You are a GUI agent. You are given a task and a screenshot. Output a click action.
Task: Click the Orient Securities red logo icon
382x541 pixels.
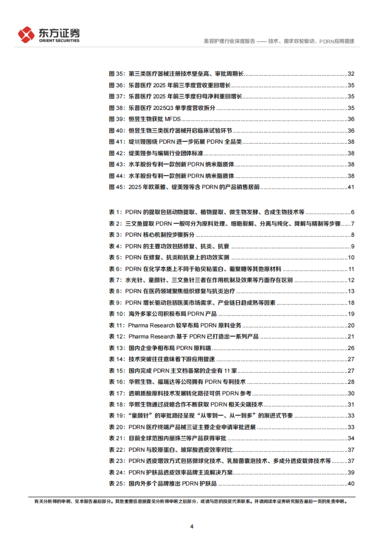pyautogui.click(x=26, y=34)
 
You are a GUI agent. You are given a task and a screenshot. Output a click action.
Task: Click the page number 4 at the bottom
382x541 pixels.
pyautogui.click(x=192, y=526)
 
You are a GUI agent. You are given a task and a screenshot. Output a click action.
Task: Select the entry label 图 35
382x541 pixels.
pyautogui.click(x=117, y=74)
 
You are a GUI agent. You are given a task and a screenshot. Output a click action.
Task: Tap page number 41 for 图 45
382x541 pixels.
pyautogui.click(x=351, y=187)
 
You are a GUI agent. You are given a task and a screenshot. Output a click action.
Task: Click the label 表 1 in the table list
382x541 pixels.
pyautogui.click(x=115, y=212)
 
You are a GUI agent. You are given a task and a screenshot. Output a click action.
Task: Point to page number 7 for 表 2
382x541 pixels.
pyautogui.click(x=353, y=224)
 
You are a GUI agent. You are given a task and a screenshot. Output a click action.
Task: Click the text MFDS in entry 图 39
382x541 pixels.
pyautogui.click(x=173, y=119)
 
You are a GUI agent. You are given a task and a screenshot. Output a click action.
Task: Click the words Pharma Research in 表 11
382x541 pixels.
pyautogui.click(x=151, y=325)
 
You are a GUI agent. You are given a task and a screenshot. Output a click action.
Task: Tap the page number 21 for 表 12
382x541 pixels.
pyautogui.click(x=351, y=337)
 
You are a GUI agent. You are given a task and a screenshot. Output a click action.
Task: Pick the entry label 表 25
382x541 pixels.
pyautogui.click(x=117, y=484)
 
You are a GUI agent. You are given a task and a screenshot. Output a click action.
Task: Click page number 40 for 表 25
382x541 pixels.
pyautogui.click(x=351, y=484)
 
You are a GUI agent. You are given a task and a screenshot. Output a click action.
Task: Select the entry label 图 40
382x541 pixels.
pyautogui.click(x=117, y=131)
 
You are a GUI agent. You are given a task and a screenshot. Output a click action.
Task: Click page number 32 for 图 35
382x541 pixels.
pyautogui.click(x=351, y=74)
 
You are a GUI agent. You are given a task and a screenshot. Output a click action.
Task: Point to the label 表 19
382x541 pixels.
pyautogui.click(x=117, y=416)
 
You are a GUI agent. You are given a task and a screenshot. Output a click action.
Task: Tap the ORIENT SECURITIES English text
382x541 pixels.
pyautogui.click(x=59, y=41)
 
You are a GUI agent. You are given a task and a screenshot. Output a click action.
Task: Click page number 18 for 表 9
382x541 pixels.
pyautogui.click(x=351, y=303)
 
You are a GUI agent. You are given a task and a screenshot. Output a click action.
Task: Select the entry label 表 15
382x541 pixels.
pyautogui.click(x=117, y=371)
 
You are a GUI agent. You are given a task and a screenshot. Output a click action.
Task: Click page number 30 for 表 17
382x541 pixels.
pyautogui.click(x=351, y=393)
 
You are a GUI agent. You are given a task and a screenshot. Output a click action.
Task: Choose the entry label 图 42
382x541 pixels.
pyautogui.click(x=117, y=153)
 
